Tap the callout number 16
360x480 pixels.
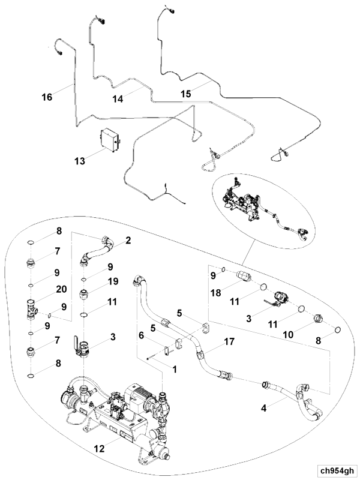coord(47,96)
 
